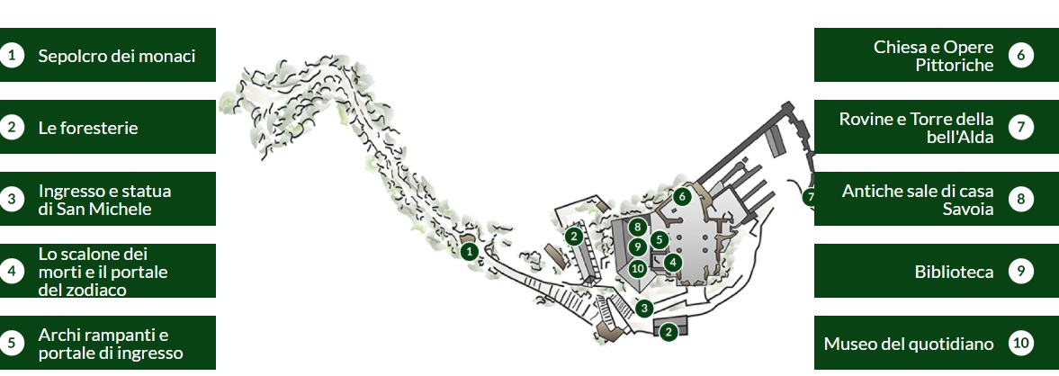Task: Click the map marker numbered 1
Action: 469,252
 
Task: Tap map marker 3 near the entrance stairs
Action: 645,309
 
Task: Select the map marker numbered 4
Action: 672,262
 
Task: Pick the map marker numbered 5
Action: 660,239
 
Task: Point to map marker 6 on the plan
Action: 682,196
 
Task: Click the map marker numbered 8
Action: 637,227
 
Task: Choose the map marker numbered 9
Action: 637,247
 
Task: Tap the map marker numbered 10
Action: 637,268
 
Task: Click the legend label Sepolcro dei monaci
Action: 117,56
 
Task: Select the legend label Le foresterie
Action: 88,128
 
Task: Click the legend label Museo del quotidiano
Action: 909,345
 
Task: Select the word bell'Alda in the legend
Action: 960,137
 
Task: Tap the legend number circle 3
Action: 12,199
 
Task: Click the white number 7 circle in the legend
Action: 1020,127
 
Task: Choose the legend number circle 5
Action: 12,343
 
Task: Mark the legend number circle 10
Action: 1020,343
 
